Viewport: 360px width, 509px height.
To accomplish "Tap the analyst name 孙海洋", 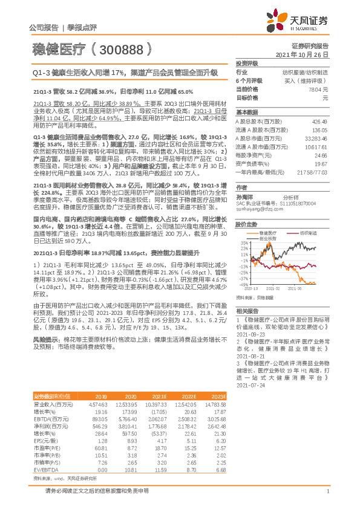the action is point(245,196).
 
